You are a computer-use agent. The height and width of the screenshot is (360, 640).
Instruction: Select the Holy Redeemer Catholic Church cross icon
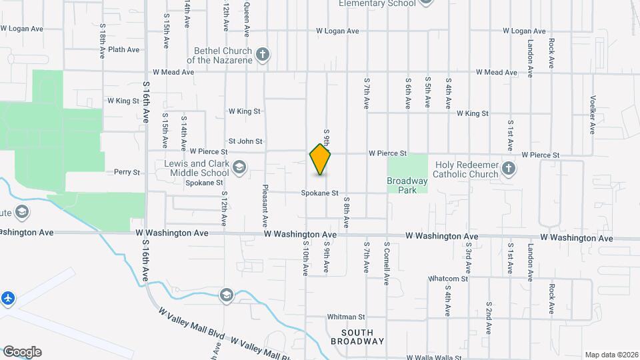(x=509, y=169)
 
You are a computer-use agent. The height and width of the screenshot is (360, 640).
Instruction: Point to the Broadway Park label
(x=407, y=185)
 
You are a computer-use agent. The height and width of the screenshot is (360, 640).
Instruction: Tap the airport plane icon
(x=8, y=297)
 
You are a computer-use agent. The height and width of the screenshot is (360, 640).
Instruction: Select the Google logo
(x=21, y=352)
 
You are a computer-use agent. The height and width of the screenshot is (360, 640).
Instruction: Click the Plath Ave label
(x=123, y=49)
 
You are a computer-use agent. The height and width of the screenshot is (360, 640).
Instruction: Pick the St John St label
(x=245, y=141)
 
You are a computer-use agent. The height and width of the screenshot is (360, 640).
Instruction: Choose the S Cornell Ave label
(x=386, y=263)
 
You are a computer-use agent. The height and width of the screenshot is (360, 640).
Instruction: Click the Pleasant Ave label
(x=265, y=204)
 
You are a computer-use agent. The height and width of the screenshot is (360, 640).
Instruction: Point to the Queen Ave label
(x=247, y=19)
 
